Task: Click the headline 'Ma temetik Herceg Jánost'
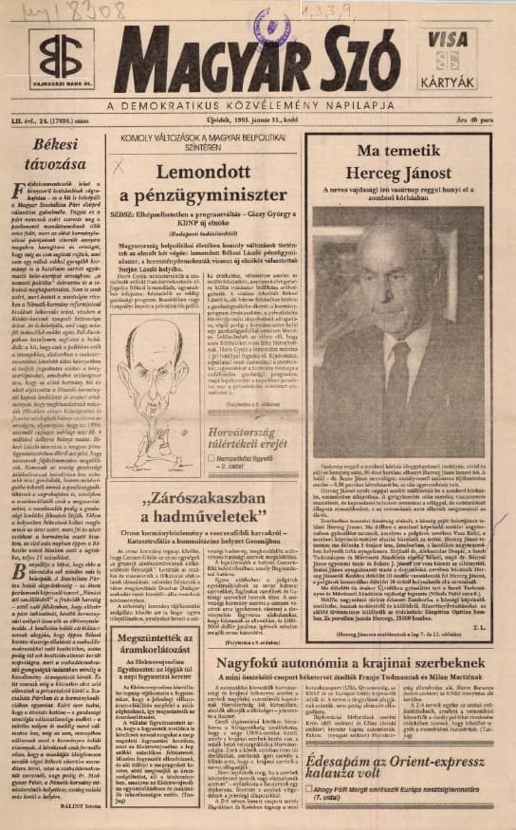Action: pyautogui.click(x=402, y=162)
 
